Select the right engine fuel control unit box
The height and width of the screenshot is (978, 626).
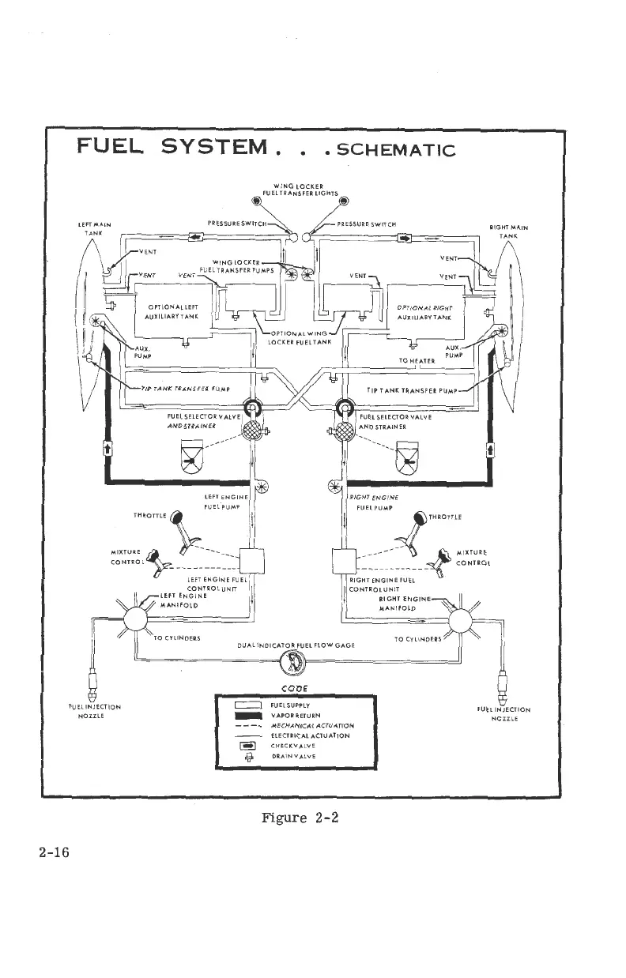tap(345, 562)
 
